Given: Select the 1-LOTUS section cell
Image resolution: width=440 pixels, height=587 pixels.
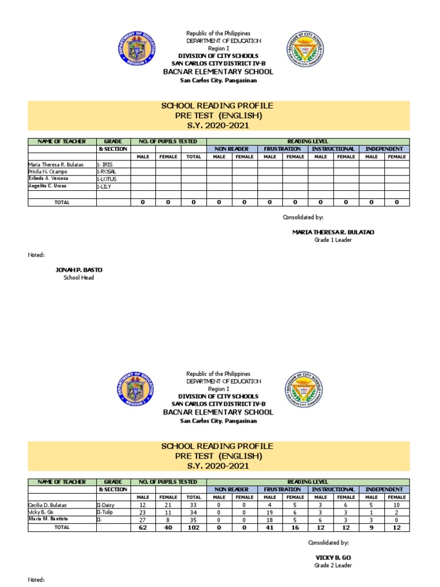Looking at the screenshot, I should (x=108, y=179).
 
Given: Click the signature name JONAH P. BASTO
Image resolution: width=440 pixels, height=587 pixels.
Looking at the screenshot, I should (x=78, y=269).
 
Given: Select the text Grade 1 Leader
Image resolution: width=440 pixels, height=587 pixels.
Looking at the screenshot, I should (x=333, y=240).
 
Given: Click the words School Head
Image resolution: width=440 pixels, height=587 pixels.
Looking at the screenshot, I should (x=78, y=277).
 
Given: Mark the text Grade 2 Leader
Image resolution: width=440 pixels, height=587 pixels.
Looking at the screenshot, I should (x=333, y=565).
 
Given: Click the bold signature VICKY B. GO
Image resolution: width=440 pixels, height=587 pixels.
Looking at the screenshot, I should (x=333, y=557).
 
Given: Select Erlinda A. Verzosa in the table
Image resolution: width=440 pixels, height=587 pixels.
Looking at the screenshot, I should (x=49, y=179).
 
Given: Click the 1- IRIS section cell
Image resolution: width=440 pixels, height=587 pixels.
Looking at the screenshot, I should (x=105, y=165).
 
